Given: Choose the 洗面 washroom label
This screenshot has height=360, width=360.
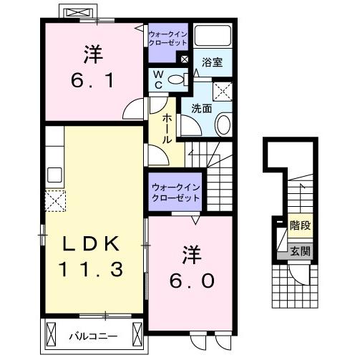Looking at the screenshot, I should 200,108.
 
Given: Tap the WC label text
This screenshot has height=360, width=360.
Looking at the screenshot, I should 160,79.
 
